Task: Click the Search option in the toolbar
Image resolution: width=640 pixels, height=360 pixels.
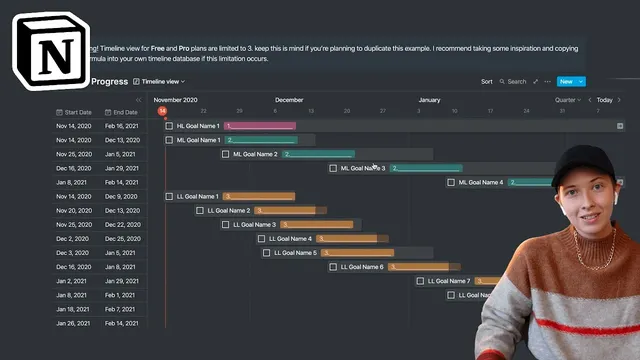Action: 513,81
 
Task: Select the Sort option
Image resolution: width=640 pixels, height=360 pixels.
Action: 486,81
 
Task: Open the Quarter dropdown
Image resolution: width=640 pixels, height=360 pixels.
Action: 567,100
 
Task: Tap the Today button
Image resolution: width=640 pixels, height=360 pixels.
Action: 605,100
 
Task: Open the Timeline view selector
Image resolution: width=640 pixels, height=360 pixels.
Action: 161,81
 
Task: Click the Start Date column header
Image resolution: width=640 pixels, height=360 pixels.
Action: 76,112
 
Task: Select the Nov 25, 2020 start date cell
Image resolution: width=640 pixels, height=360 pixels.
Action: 74,154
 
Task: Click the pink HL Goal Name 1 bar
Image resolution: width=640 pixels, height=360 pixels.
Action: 260,126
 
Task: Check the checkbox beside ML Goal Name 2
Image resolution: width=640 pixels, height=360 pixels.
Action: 225,154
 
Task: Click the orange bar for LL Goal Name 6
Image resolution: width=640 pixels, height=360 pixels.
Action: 420,267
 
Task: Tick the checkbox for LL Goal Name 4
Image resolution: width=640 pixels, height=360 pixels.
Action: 261,239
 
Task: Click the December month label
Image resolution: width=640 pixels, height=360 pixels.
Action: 289,100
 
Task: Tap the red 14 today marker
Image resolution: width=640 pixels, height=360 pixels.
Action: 162,111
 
